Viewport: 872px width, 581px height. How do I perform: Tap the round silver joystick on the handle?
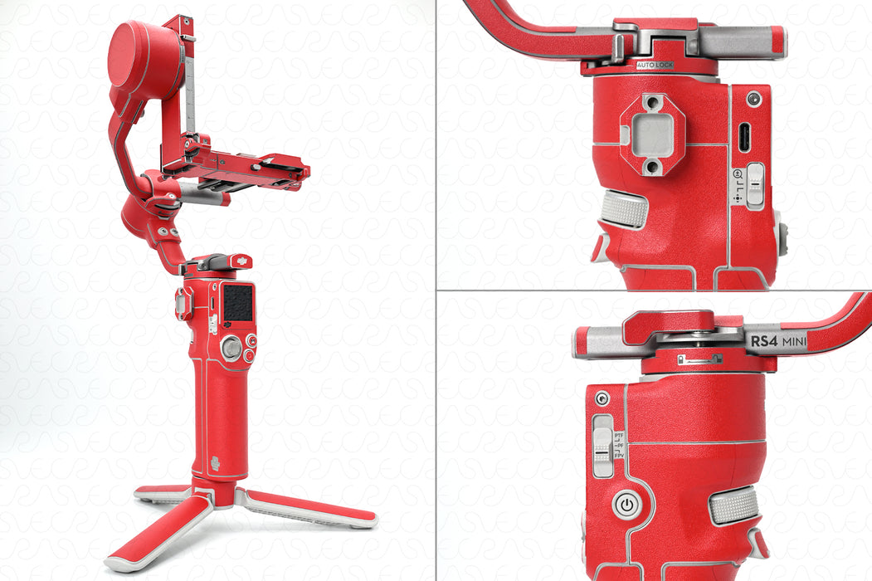[x=231, y=349]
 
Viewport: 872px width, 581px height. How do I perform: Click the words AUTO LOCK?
[x=655, y=64]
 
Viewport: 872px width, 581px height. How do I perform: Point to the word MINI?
[x=794, y=340]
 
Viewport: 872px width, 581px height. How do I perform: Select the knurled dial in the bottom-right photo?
[x=734, y=504]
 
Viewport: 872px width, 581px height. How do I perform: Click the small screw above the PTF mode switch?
[x=602, y=398]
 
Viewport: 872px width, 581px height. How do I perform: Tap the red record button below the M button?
[x=250, y=356]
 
